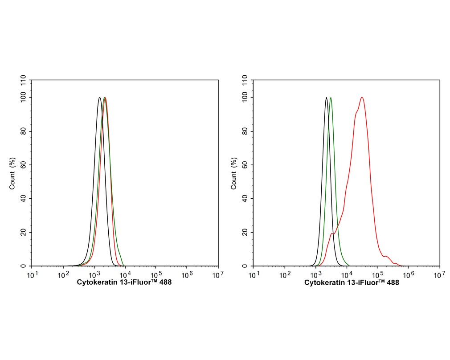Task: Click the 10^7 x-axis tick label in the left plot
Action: pos(218,274)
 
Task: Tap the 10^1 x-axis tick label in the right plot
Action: pos(254,274)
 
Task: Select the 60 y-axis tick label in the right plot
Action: pos(245,165)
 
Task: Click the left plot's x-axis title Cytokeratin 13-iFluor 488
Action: pos(124,282)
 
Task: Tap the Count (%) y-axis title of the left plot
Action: pos(12,173)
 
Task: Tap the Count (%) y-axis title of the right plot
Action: pos(234,173)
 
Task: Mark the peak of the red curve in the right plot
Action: pos(362,98)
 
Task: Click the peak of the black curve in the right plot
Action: pos(327,98)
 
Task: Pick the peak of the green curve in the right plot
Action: pos(331,98)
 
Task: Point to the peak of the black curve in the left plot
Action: pos(100,98)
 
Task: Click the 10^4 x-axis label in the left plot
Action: pos(125,274)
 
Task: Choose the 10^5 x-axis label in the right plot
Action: pos(377,274)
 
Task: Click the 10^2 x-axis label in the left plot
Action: pos(63,274)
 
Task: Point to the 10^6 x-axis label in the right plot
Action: pos(408,274)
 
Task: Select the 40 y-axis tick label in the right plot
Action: pos(245,199)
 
